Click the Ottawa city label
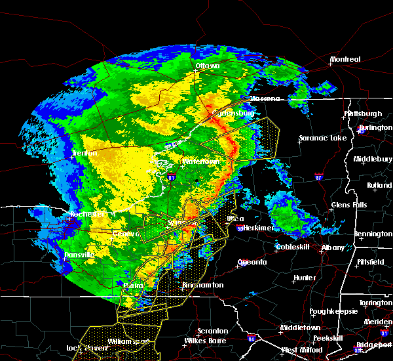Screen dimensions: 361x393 (207, 66)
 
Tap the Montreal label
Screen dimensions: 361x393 (345, 60)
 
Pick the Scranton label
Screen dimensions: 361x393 (214, 331)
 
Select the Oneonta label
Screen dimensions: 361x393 (252, 262)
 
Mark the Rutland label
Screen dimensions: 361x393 (379, 186)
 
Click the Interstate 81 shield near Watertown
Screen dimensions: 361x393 (172, 177)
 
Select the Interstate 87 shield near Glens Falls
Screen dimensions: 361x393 (319, 177)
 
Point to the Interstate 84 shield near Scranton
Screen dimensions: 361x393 (252, 339)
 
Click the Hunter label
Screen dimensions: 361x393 (305, 278)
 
